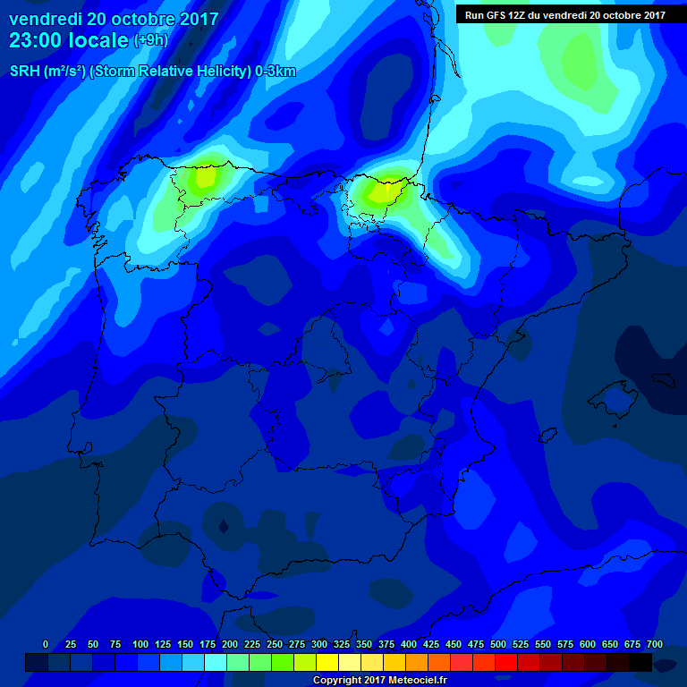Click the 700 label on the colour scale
(654, 644)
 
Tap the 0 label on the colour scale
(46, 644)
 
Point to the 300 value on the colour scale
(319, 644)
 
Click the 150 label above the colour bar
(185, 644)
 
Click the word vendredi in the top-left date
(47, 19)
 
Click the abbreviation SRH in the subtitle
(25, 72)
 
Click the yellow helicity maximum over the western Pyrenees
(383, 191)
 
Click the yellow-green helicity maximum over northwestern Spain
(206, 175)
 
